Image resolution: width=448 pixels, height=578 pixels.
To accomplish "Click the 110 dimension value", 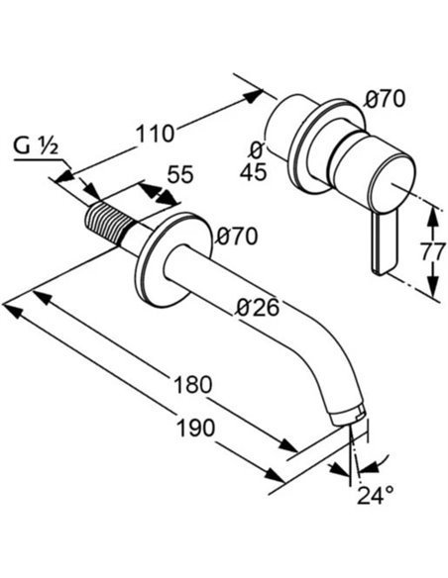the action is coord(155,134).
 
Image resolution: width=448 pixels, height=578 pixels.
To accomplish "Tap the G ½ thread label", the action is coord(36,147).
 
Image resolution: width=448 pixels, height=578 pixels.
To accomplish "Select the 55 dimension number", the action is coord(180,174).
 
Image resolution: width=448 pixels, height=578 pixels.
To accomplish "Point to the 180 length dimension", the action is coord(193,384).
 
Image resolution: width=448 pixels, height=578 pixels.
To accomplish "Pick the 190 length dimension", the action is coord(196,428).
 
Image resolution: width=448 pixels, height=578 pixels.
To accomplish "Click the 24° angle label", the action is coord(375,495).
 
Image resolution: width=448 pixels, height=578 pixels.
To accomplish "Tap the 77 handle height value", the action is coord(432,253).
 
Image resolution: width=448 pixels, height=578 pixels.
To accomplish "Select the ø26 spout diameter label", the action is coord(258,307).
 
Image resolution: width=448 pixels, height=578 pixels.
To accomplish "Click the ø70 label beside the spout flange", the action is coord(237,237).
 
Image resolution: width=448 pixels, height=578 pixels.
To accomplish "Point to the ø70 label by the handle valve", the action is coord(385,99).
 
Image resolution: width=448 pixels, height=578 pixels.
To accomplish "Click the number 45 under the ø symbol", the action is coord(253,172).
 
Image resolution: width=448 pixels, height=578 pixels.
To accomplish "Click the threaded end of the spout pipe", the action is coord(109,223).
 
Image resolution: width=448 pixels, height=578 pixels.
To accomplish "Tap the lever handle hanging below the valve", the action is coord(384,243).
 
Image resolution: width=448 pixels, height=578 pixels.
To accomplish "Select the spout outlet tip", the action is coord(348,417).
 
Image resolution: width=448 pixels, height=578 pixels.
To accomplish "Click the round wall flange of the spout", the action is coord(173,258).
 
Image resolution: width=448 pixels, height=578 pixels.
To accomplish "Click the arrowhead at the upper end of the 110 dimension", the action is coord(253,95).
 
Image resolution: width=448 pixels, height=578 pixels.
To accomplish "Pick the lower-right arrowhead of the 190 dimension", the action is coord(275,475).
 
